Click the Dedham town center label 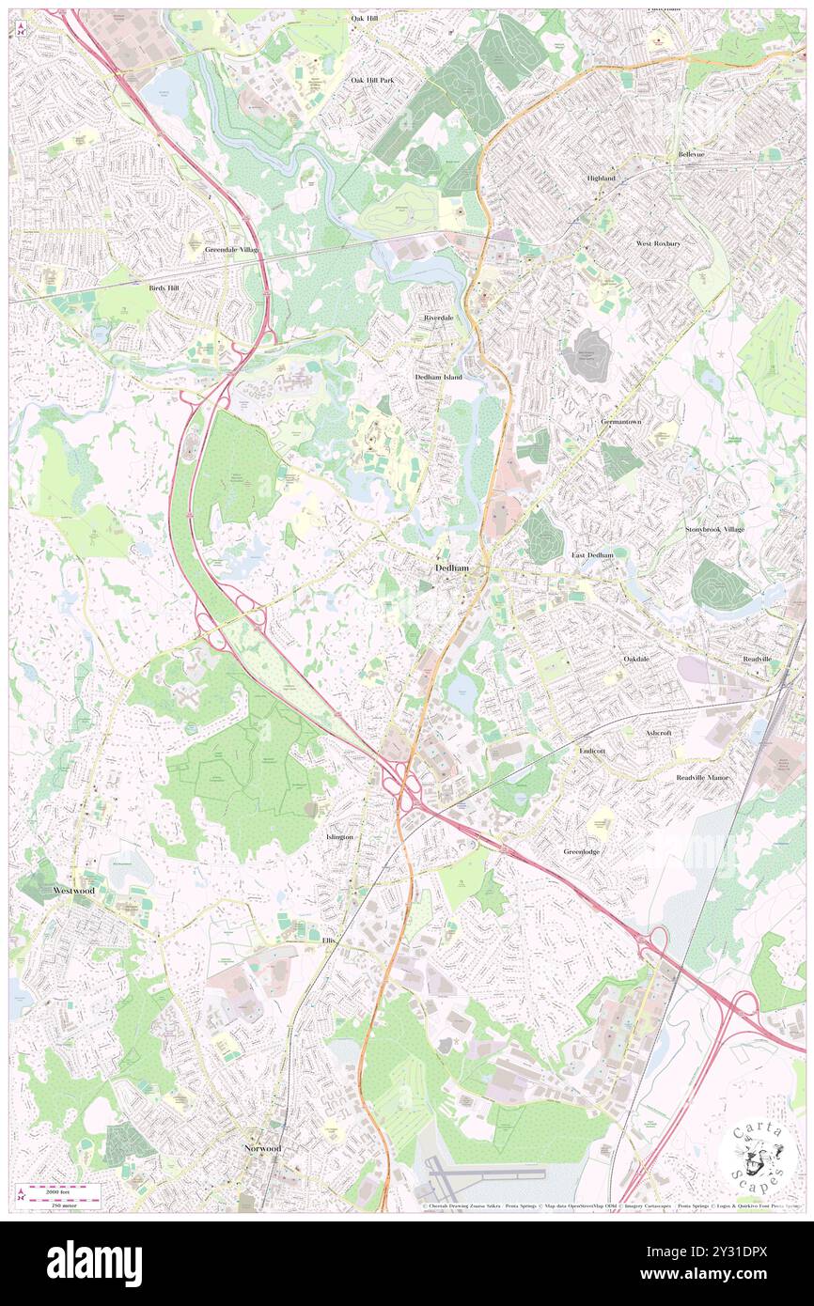pyautogui.click(x=452, y=568)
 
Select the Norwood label pyautogui.click(x=262, y=1148)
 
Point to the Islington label pyautogui.click(x=339, y=836)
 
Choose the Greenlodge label pyautogui.click(x=582, y=851)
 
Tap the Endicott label pyautogui.click(x=592, y=752)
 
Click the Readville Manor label pyautogui.click(x=702, y=778)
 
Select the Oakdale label pyautogui.click(x=636, y=659)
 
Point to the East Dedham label pyautogui.click(x=592, y=555)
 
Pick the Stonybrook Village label pyautogui.click(x=714, y=529)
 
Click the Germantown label pyautogui.click(x=621, y=422)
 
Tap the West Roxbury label pyautogui.click(x=658, y=243)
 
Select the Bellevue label pyautogui.click(x=691, y=154)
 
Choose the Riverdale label pyautogui.click(x=438, y=318)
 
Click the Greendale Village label pyautogui.click(x=231, y=250)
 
